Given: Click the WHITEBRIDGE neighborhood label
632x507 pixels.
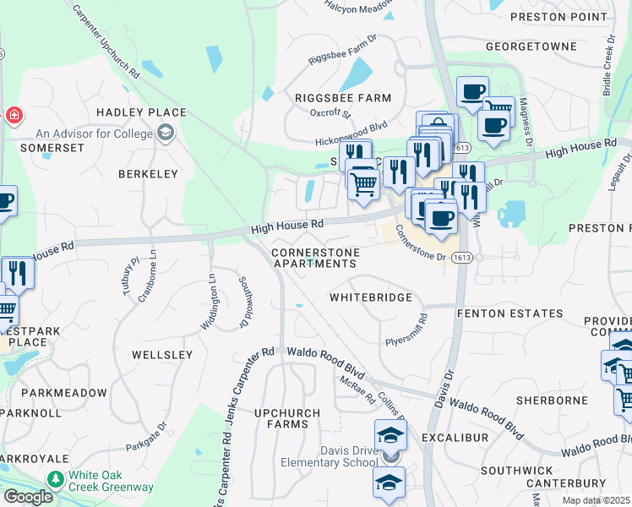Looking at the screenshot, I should coord(371,297).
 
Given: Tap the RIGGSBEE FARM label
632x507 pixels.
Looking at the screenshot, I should coord(343,98).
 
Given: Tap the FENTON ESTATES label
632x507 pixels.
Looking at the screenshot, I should coord(509,313).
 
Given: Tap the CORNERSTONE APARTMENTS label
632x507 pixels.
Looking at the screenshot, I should coord(315,258).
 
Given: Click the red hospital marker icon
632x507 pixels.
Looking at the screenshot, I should coord(14,115).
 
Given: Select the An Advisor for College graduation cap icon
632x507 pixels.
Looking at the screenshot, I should coord(166,133).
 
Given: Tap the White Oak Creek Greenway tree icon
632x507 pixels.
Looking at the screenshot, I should coord(57,479).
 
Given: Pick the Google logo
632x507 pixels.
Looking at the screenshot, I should coord(28,497).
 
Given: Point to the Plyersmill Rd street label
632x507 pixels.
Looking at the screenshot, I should coord(407,330).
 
